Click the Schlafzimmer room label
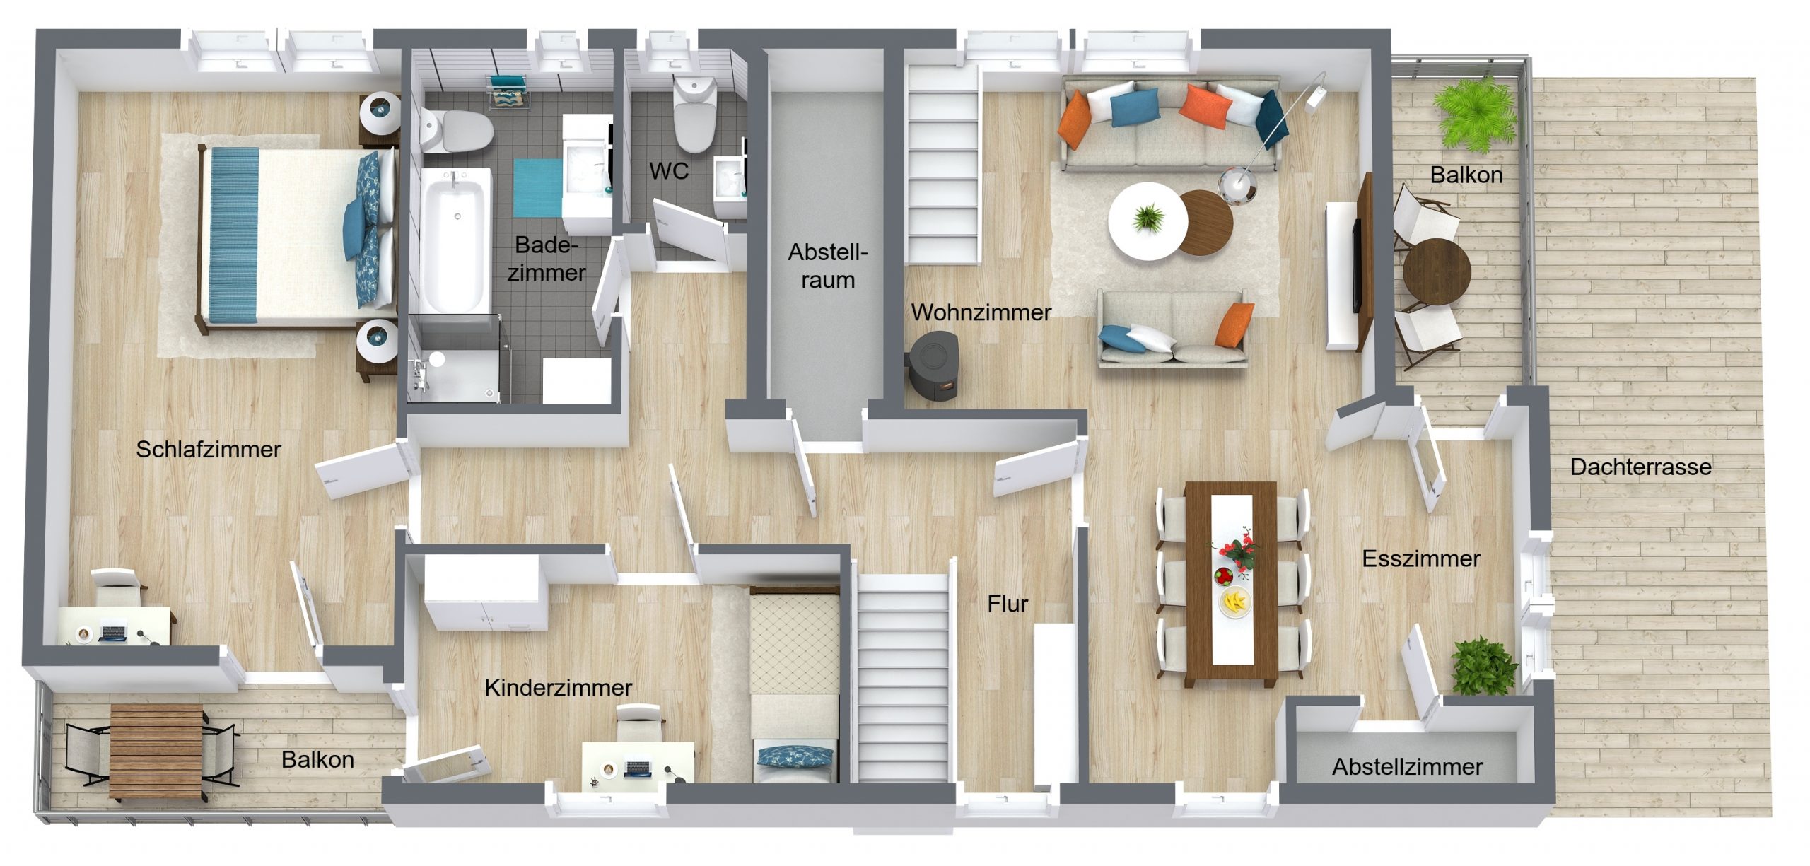209,450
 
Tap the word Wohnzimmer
981,312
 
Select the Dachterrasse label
1640,467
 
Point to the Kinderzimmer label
558,688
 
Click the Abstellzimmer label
1407,767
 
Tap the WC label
669,171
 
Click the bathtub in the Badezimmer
456,238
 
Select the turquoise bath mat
537,188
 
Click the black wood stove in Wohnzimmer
933,367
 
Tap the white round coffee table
1148,221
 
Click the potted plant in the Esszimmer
1483,667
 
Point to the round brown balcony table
1436,271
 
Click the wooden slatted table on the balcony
156,751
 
